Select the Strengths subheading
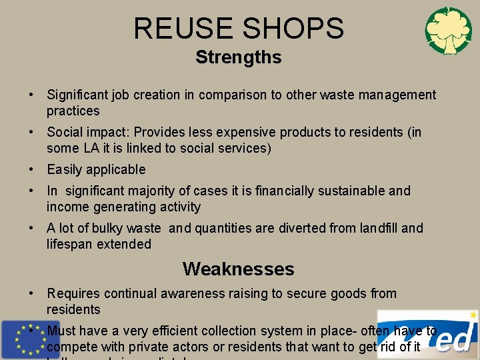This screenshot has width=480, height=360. click(x=239, y=57)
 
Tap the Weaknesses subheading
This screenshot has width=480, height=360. click(x=238, y=269)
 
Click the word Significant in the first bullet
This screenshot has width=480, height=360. click(x=78, y=95)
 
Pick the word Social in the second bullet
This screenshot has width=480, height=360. click(x=63, y=132)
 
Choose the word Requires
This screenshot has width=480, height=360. click(x=73, y=293)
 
